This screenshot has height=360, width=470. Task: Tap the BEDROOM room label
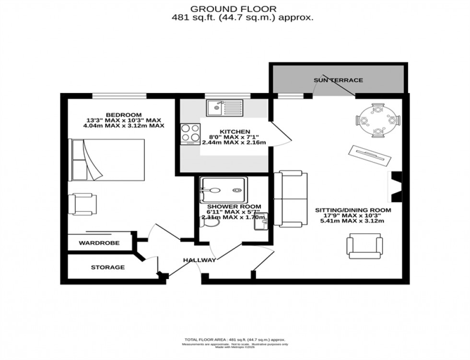(124, 115)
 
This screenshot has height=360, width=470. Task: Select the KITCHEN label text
(235, 131)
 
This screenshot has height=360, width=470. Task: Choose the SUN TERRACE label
(338, 80)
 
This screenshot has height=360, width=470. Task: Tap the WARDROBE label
(99, 243)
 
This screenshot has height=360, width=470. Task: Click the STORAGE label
(108, 267)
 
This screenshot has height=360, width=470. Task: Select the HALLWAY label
(199, 260)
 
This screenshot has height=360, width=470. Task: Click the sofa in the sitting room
(291, 198)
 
